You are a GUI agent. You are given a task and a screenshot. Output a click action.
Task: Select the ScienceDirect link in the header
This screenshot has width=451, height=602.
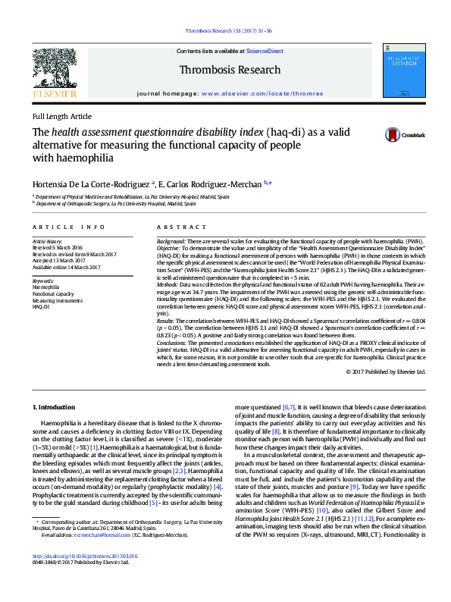point(265,51)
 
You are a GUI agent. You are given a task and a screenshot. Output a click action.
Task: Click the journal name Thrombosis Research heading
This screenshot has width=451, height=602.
point(230,69)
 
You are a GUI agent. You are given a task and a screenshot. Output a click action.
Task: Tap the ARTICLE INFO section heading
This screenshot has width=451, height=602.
point(69,227)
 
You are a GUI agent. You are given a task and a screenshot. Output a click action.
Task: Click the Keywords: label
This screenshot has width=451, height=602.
point(44,281)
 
